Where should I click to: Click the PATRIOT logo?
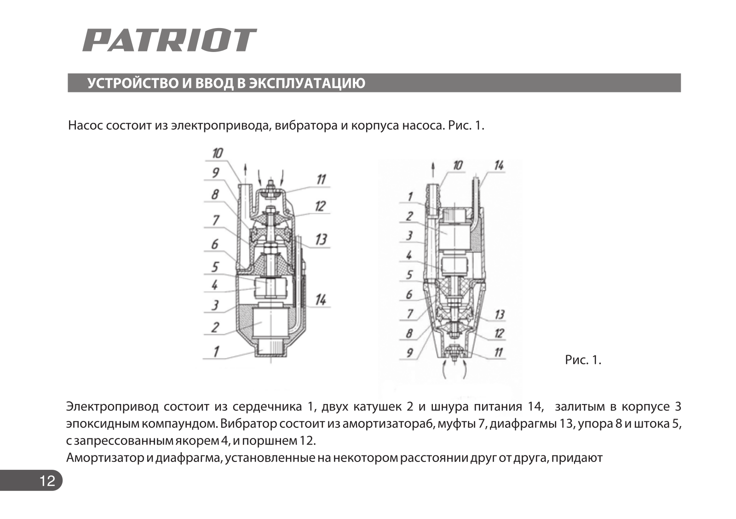(x=169, y=40)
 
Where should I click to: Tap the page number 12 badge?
(x=47, y=481)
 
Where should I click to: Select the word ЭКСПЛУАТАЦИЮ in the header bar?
(x=307, y=83)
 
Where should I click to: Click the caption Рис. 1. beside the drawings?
(x=583, y=360)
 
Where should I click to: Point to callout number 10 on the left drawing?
(x=217, y=153)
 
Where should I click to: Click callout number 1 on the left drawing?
(x=215, y=352)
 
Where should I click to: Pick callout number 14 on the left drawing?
(x=321, y=300)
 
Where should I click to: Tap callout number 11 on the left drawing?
(x=321, y=179)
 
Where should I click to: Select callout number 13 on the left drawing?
(x=321, y=239)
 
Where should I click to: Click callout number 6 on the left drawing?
(x=215, y=244)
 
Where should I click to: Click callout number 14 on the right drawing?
(x=499, y=166)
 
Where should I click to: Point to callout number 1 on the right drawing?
(x=410, y=197)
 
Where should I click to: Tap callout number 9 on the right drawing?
(x=409, y=353)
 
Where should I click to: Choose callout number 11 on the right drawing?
(x=498, y=353)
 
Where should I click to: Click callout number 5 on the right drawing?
(x=409, y=275)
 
